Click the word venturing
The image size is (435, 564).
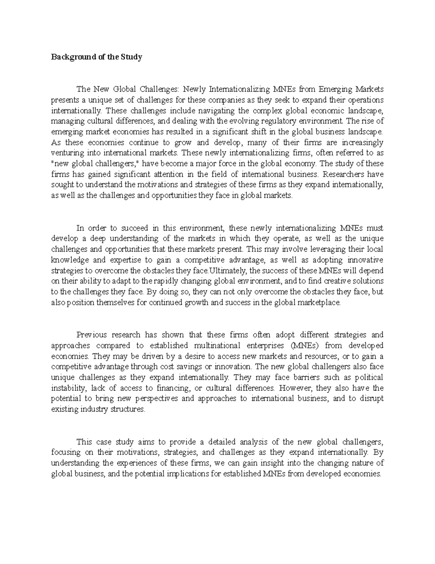tap(66, 153)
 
